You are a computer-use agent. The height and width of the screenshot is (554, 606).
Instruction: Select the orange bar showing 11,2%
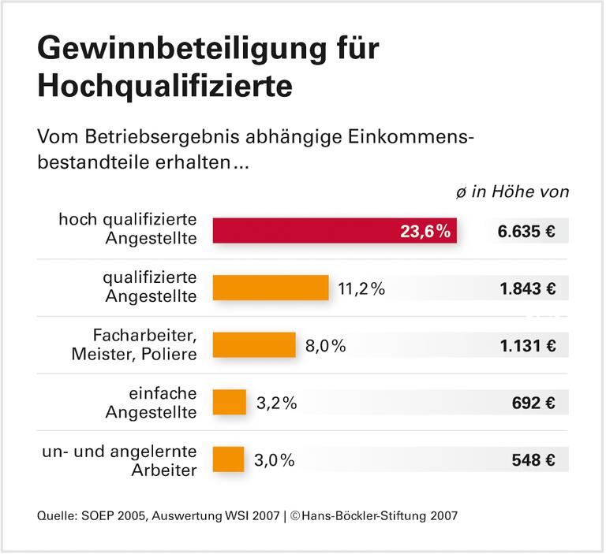pos(271,288)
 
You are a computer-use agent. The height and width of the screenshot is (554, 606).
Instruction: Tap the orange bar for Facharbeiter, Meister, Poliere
pos(254,344)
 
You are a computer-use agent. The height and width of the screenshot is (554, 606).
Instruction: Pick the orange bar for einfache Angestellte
pos(230,402)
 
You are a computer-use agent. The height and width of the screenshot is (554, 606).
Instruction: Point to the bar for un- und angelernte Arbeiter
pos(229,459)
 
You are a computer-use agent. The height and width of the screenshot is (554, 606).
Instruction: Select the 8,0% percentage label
pos(326,345)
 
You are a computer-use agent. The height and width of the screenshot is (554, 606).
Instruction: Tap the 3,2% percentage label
pos(277,403)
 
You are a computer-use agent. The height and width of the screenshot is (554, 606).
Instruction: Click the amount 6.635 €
pos(526,232)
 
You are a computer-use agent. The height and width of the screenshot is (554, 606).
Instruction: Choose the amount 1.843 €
pos(527,288)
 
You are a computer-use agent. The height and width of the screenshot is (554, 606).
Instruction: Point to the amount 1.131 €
pos(527,345)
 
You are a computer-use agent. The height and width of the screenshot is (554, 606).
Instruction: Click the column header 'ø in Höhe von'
pos(512,191)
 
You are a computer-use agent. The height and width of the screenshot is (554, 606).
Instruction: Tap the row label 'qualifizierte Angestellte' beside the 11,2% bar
pos(150,287)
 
